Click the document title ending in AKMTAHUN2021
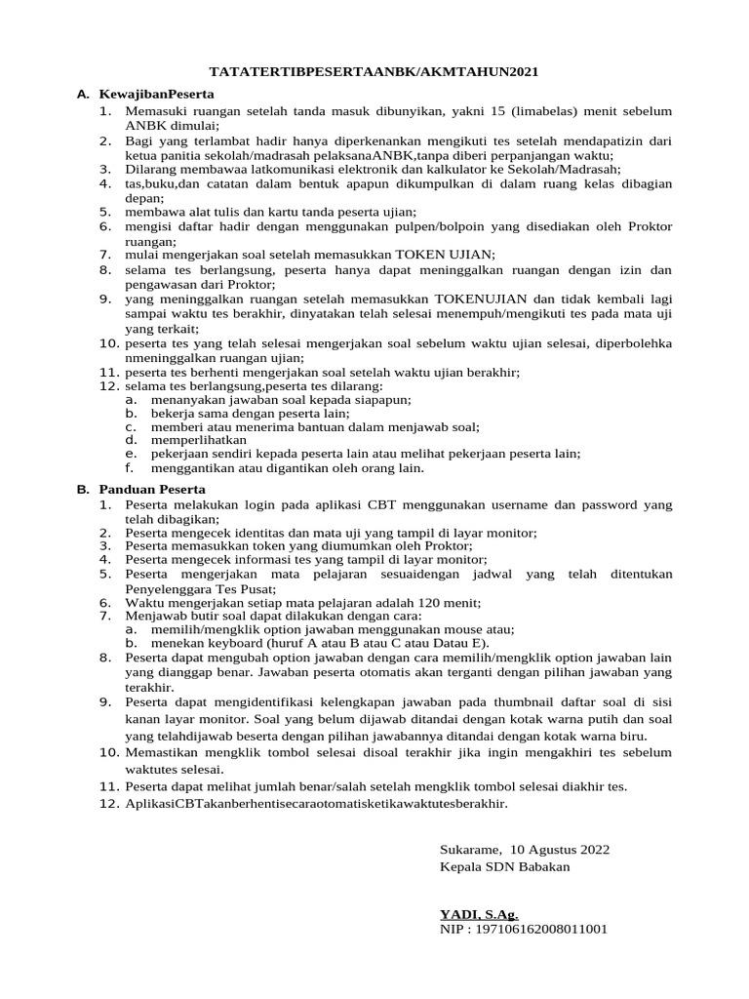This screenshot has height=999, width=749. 375,72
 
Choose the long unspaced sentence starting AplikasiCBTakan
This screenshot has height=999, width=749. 317,804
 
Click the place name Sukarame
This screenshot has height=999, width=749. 471,850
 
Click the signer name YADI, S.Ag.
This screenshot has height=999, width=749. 479,914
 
